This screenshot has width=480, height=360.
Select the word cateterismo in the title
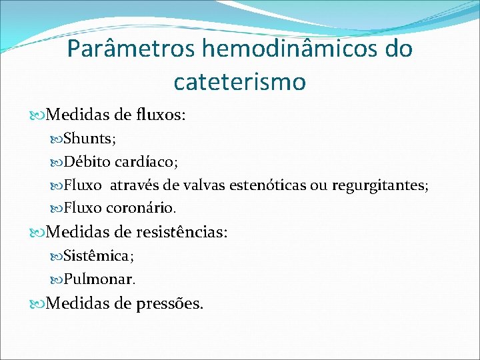(239, 81)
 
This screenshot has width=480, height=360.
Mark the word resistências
(182, 232)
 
